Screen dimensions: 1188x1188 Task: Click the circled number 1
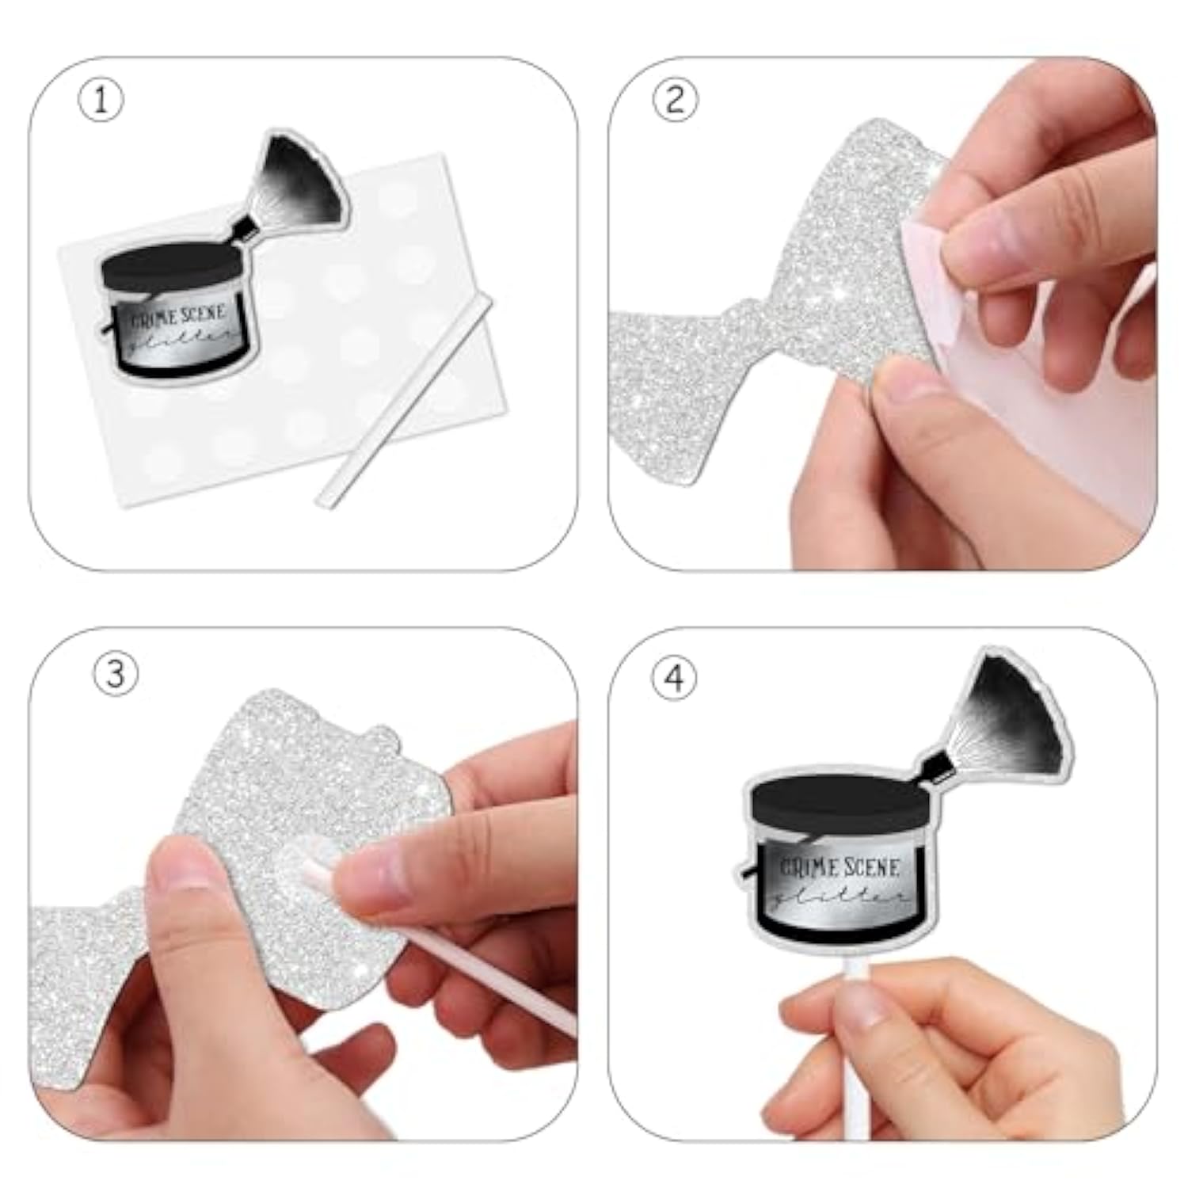point(101,100)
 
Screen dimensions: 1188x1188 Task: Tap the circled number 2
point(675,100)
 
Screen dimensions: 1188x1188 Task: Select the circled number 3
point(116,674)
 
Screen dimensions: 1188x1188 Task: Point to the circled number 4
point(674,678)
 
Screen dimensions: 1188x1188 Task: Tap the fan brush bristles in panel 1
point(304,181)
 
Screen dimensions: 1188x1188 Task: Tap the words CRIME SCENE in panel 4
point(840,867)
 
